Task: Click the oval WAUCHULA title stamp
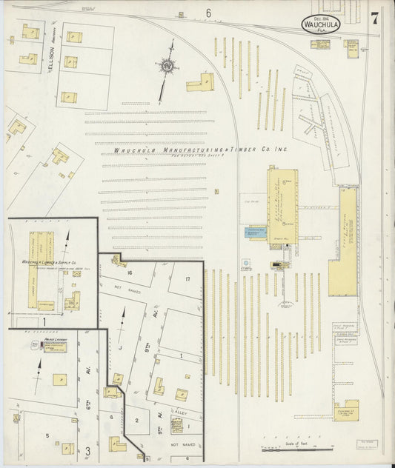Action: coord(319,24)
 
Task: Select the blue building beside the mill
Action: coord(256,233)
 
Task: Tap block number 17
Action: coord(187,278)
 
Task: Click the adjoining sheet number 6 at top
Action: coord(208,13)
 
